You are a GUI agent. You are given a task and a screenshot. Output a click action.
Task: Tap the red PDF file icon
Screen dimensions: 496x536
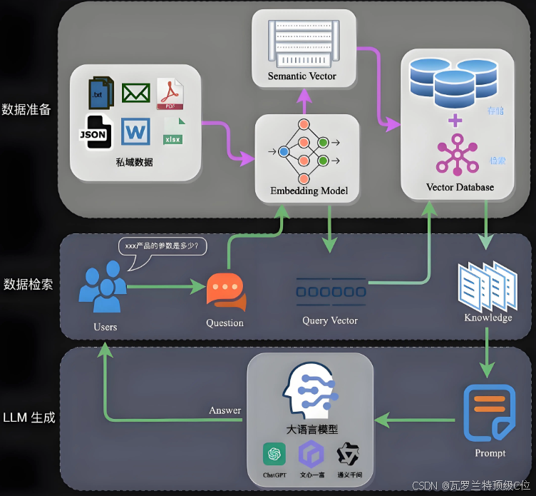click(x=170, y=94)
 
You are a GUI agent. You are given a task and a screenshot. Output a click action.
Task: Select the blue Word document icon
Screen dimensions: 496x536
click(x=135, y=132)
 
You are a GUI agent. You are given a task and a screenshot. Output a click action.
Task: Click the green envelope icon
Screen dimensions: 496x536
click(x=135, y=93)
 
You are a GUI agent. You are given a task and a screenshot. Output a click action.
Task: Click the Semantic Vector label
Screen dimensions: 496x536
click(x=301, y=76)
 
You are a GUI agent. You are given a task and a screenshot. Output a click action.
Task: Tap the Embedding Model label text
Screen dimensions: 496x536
click(x=309, y=191)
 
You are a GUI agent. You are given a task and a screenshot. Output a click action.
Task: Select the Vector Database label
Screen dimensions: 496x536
click(x=460, y=188)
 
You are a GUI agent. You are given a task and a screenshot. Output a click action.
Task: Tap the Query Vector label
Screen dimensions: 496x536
click(x=329, y=321)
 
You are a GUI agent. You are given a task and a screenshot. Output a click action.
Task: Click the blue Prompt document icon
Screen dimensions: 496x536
click(x=490, y=413)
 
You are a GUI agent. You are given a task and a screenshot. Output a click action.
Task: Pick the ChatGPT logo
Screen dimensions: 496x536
click(x=274, y=453)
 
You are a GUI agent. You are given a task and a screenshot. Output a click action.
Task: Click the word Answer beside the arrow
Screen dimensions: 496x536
click(x=225, y=410)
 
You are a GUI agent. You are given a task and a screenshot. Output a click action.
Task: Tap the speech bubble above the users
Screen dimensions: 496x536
click(x=165, y=248)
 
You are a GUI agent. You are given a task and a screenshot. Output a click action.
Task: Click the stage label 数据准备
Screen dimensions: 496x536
click(x=26, y=110)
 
